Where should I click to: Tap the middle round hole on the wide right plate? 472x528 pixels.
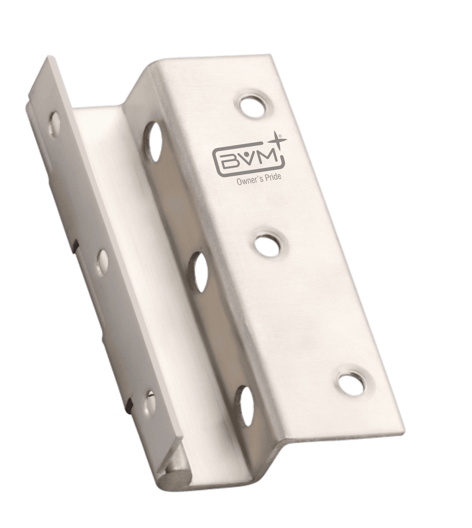(x=271, y=244)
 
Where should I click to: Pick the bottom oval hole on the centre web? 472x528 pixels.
(x=246, y=406)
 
